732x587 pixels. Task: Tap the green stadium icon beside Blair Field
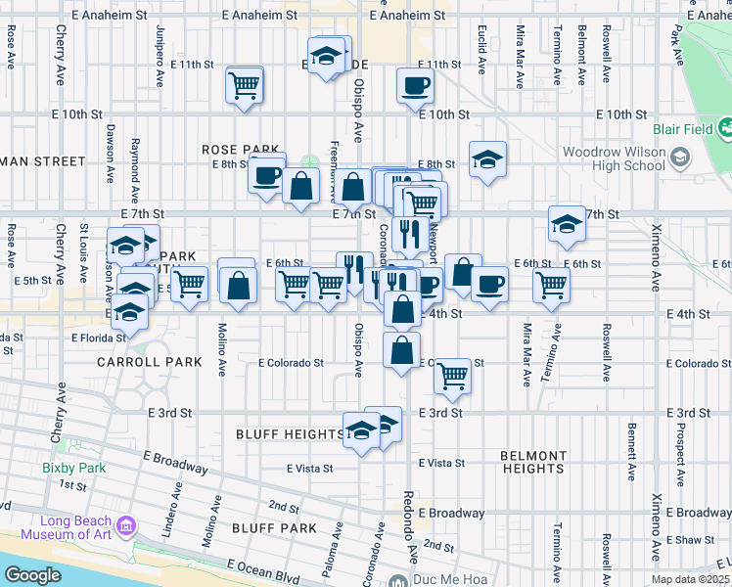coord(725,128)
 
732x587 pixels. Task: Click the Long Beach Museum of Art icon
coord(125,528)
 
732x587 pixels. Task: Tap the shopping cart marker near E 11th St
coord(244,84)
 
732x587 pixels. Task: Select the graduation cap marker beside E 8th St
coord(487,158)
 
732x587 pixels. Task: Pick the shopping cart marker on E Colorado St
coord(451,374)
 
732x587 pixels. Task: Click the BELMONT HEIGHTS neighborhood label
coord(533,462)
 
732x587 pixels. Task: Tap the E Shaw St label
coord(691,540)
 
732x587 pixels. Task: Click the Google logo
coord(32,576)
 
